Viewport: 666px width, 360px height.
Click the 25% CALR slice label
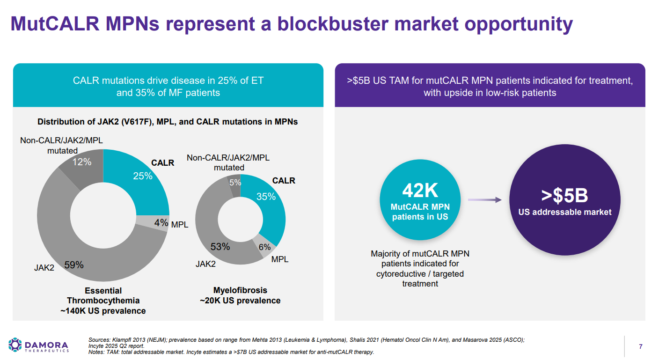click(143, 176)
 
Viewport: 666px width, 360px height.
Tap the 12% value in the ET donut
click(81, 162)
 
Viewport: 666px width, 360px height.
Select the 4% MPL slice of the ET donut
click(161, 223)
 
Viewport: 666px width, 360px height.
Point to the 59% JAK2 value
click(74, 265)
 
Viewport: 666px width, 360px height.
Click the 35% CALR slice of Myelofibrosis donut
click(266, 197)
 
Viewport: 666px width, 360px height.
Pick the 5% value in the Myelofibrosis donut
click(235, 183)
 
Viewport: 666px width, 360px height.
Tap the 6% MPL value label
click(264, 247)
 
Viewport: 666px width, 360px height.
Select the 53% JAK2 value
click(220, 247)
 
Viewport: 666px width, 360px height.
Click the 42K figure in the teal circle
click(420, 191)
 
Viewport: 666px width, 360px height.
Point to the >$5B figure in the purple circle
click(564, 196)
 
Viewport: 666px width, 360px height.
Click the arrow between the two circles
click(484, 200)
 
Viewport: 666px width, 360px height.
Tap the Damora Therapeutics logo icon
click(15, 345)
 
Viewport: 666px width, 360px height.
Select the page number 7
click(641, 346)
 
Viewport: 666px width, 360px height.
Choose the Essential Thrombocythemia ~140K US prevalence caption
click(103, 301)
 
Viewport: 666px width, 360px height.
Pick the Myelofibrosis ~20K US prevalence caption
click(240, 295)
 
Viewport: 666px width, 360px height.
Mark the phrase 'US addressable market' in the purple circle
click(564, 212)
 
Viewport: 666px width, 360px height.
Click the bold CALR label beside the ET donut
click(162, 163)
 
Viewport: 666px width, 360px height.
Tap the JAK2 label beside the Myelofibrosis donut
click(205, 264)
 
